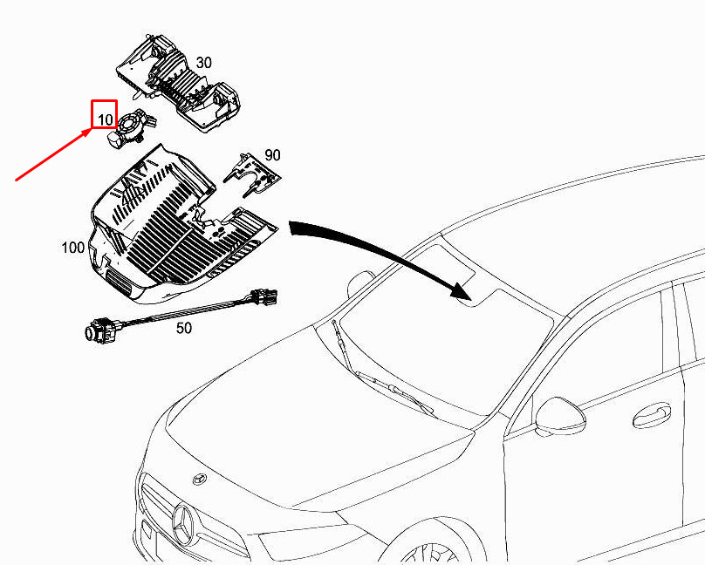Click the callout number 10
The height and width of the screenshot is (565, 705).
(105, 117)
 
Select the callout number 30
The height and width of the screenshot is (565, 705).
(203, 63)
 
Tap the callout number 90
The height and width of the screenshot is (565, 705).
(272, 154)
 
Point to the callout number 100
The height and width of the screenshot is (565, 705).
(73, 248)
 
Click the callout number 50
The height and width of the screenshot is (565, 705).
(184, 328)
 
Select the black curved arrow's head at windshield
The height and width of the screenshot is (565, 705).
(460, 293)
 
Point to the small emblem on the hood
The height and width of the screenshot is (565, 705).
(199, 480)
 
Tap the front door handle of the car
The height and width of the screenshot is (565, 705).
(652, 412)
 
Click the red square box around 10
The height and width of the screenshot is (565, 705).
(104, 113)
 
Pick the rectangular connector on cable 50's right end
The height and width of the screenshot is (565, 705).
(264, 299)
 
